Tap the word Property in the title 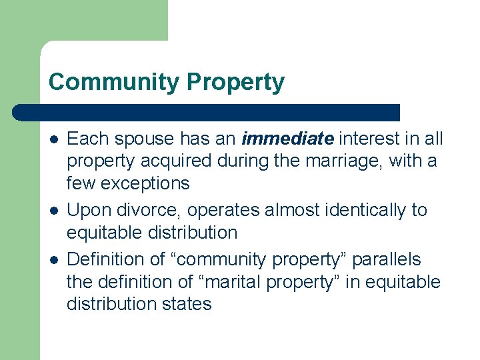(235, 83)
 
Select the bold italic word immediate (287, 139)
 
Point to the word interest (369, 139)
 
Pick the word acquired (175, 161)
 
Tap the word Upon (89, 210)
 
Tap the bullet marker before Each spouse (53, 139)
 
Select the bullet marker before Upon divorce (53, 211)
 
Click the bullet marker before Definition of (53, 259)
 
